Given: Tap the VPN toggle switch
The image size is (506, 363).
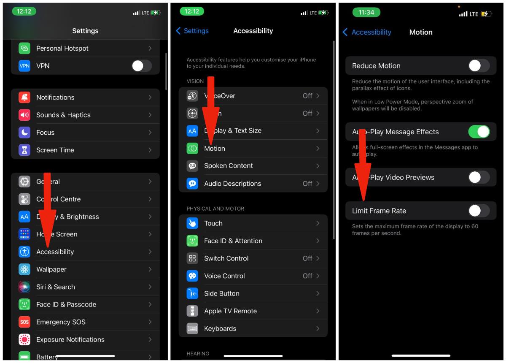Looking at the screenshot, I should point(141,66).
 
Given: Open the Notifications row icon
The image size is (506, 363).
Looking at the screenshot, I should point(24,98).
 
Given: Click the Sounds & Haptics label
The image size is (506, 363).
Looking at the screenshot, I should point(63,115).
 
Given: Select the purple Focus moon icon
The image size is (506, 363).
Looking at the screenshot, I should point(24,133).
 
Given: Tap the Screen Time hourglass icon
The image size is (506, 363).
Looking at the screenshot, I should point(24,150).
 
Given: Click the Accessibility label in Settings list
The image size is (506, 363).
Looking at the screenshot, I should point(55,252).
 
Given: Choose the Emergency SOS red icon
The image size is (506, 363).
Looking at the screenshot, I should point(24,322).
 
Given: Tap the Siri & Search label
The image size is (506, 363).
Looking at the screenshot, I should point(55,287).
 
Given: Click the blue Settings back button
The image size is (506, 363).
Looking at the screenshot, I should point(192,31).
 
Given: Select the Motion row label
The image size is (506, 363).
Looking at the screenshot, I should point(215,149).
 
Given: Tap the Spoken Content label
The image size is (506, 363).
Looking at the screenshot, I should point(228,166).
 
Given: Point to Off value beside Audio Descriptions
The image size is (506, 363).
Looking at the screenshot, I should point(307,184).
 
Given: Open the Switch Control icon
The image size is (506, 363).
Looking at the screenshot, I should point(192,258).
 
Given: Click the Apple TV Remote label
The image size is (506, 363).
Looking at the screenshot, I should point(230,311).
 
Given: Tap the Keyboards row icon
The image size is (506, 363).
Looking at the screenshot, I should point(192,328).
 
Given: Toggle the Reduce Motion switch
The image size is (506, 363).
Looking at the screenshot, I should point(479,66).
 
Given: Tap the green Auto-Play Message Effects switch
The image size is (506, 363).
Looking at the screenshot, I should point(479,132).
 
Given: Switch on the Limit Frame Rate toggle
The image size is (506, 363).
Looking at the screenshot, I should point(479,211).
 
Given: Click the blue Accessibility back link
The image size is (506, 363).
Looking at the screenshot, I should point(367,32).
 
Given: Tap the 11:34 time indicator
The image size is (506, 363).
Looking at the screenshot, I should point(366,13).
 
